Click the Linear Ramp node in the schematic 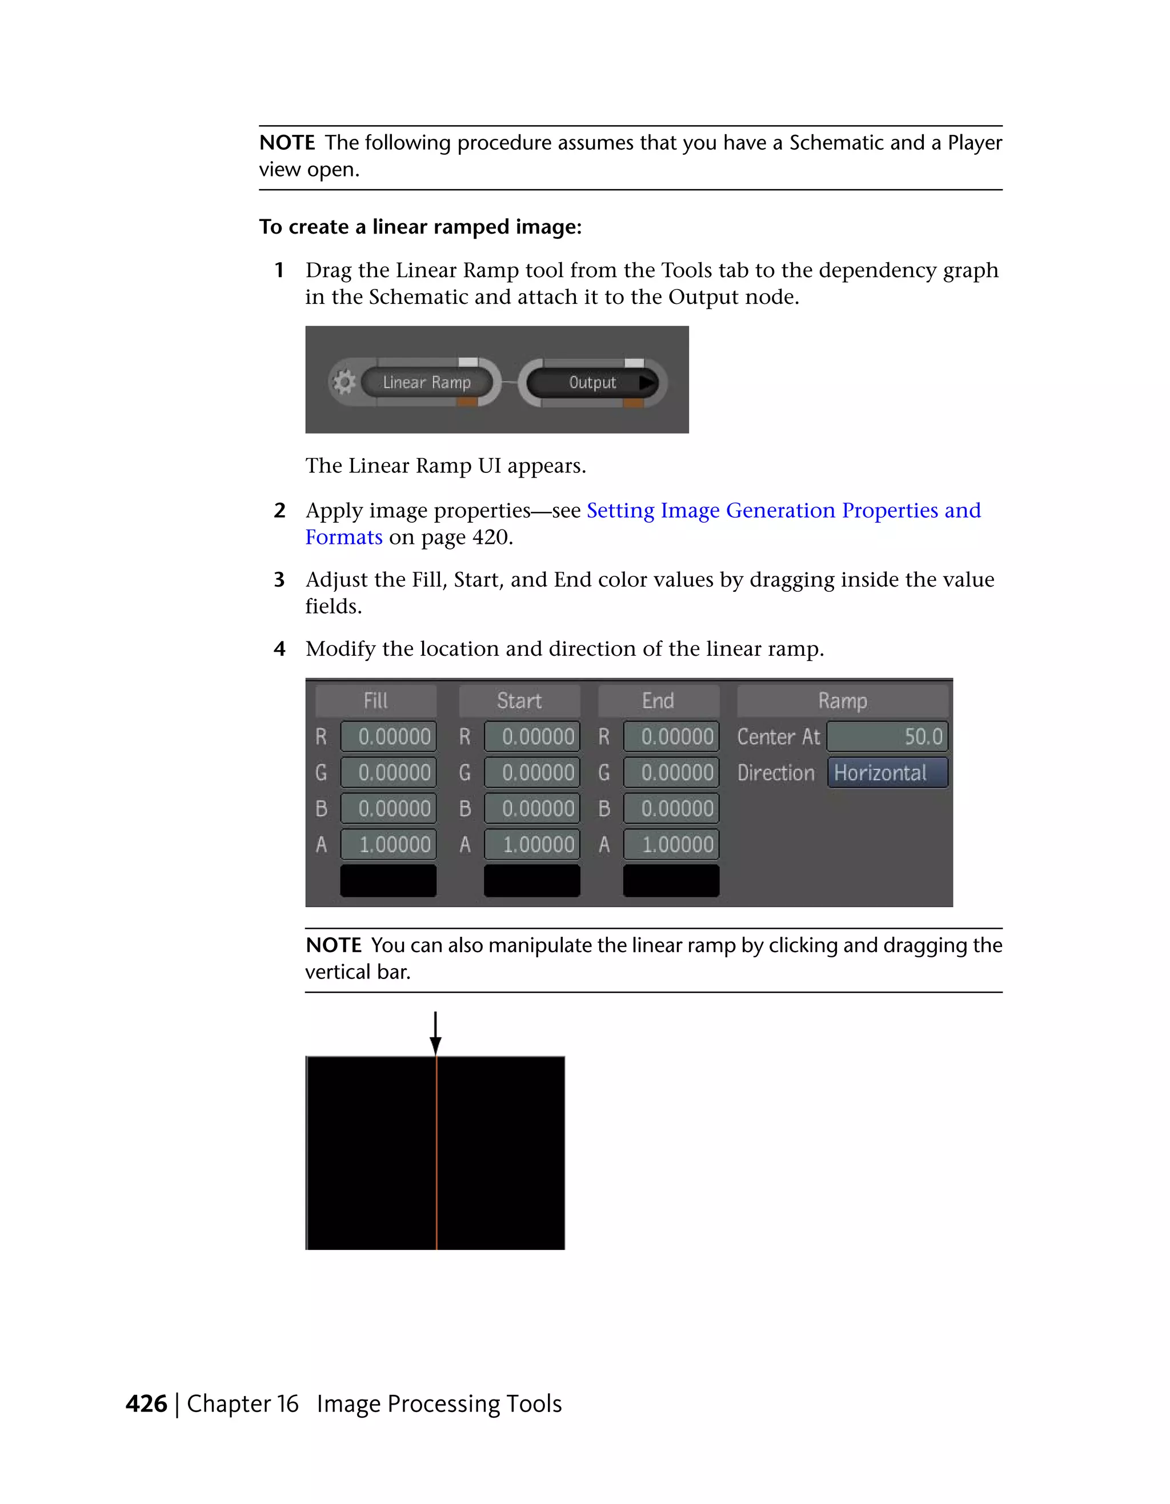(x=426, y=382)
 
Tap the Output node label (x=592, y=382)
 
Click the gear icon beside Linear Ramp (x=344, y=382)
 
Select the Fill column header (x=376, y=701)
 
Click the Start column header (x=519, y=701)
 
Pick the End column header (x=658, y=701)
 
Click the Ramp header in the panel (x=842, y=701)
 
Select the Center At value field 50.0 (x=887, y=737)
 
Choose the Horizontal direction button (x=887, y=773)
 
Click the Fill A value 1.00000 (x=388, y=844)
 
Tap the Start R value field (x=532, y=737)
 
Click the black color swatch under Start (x=532, y=881)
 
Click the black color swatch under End (x=671, y=881)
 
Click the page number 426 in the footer (x=147, y=1403)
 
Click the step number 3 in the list (x=279, y=580)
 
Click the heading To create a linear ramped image (x=420, y=227)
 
